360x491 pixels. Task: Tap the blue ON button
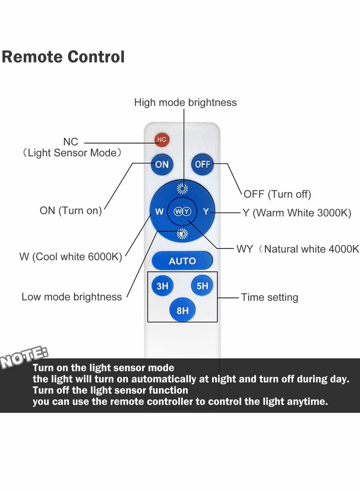tap(162, 164)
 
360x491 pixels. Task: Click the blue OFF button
tap(202, 164)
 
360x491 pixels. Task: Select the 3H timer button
tap(162, 285)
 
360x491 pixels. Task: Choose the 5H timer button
tap(202, 285)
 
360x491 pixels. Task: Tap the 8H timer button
tap(182, 310)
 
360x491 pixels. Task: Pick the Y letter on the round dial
tap(206, 211)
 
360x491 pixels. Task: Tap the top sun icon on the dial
tap(182, 189)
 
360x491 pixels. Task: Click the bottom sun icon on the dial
tap(182, 234)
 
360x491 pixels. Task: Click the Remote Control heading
tap(63, 57)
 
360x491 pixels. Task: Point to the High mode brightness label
tap(185, 103)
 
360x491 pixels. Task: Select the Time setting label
tap(270, 297)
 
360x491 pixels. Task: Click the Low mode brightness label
tap(72, 297)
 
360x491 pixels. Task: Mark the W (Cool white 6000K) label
tap(71, 257)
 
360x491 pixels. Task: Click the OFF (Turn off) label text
tap(277, 194)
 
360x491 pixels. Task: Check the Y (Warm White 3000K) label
tap(297, 213)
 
